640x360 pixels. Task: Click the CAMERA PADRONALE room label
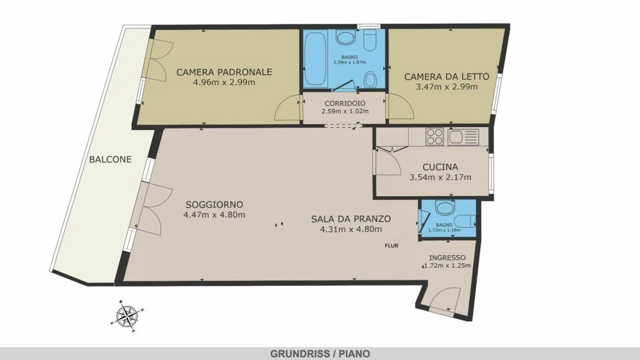(224, 72)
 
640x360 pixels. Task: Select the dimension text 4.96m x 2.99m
(224, 82)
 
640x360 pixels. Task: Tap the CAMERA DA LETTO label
(446, 76)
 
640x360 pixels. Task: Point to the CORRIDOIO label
(345, 103)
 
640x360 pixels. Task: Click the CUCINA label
(440, 167)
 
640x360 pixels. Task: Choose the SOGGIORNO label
(214, 205)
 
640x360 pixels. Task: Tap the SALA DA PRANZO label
(351, 219)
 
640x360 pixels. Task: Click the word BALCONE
(110, 159)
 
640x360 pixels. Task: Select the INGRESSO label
(447, 258)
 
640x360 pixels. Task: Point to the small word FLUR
(392, 245)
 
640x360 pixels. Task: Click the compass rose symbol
(127, 316)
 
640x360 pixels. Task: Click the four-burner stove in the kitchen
(434, 136)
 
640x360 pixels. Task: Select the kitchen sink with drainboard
(463, 136)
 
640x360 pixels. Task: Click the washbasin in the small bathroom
(444, 207)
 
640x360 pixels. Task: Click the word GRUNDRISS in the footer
(300, 354)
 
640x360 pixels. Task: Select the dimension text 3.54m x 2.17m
(440, 177)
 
